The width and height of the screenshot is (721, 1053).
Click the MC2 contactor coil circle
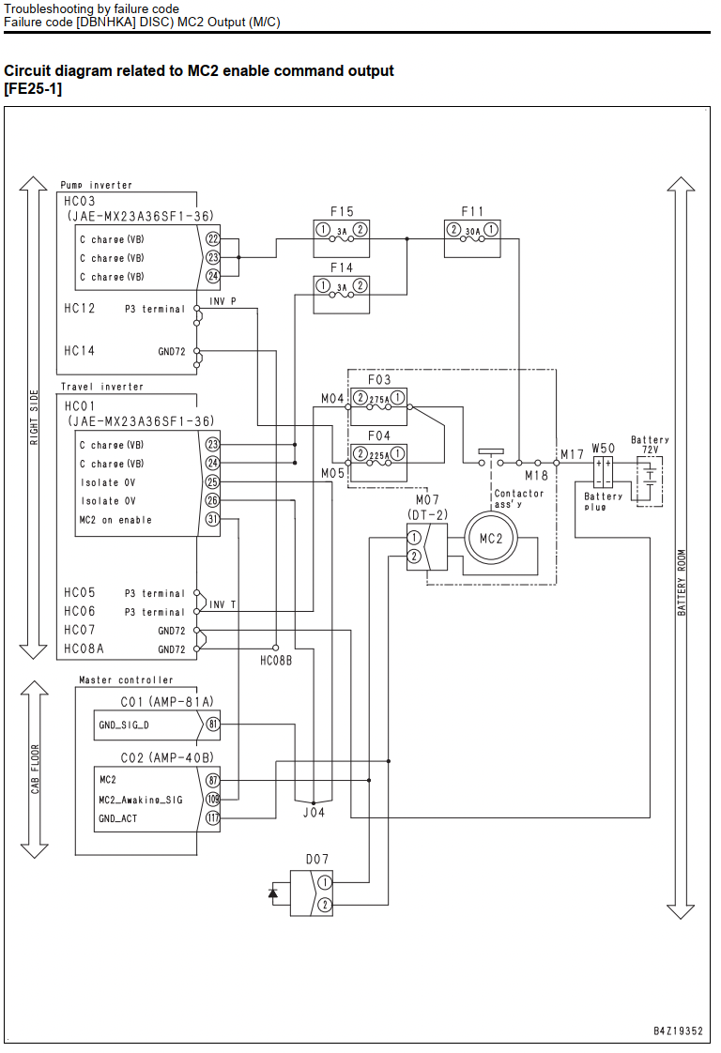click(490, 538)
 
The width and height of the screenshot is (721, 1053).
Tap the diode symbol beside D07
click(273, 893)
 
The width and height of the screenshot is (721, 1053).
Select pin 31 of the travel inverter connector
click(212, 519)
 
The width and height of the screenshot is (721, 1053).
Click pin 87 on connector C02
click(212, 780)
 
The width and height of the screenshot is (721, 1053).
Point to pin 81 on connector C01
click(212, 724)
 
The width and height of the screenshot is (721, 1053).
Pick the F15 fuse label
click(342, 211)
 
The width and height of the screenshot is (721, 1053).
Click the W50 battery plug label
click(603, 448)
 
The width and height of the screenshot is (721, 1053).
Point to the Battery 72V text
click(649, 445)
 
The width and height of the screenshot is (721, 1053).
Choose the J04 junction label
click(314, 812)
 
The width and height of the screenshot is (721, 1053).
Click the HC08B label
click(276, 661)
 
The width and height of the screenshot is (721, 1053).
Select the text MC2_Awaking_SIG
click(141, 800)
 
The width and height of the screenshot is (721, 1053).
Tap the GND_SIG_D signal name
click(124, 725)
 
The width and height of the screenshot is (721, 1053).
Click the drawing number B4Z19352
click(678, 1030)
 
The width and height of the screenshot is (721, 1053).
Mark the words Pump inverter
click(96, 185)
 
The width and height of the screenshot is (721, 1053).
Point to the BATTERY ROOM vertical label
click(682, 582)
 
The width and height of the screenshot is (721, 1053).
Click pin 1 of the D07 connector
click(325, 882)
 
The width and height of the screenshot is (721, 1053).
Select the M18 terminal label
click(536, 476)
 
